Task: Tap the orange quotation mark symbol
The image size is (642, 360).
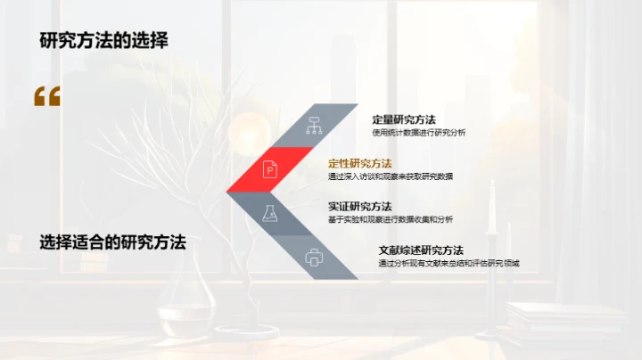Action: click(x=47, y=96)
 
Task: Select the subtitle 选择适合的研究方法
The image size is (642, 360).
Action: click(x=112, y=241)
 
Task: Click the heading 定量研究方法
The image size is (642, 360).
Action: click(x=403, y=119)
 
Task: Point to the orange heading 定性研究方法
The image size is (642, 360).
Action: click(x=359, y=163)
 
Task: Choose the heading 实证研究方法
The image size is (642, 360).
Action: click(x=359, y=207)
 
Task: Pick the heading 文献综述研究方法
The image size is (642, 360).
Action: click(x=421, y=250)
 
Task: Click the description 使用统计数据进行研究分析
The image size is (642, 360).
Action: click(x=418, y=133)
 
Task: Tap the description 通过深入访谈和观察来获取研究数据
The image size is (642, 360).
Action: click(x=390, y=176)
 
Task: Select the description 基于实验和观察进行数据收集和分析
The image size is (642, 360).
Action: click(x=390, y=219)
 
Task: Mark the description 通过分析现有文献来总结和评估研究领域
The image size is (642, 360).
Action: click(x=449, y=263)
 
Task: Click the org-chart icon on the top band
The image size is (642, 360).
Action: click(x=313, y=125)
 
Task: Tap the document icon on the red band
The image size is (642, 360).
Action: click(x=270, y=168)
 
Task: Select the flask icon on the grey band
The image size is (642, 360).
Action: click(x=269, y=212)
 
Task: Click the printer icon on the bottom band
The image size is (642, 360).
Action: click(x=313, y=258)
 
